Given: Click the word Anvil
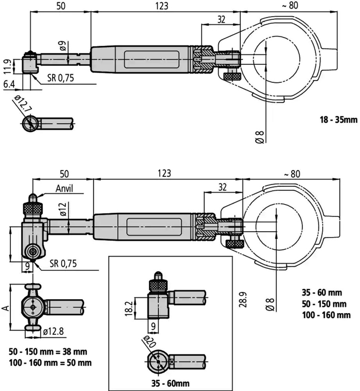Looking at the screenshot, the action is point(64,188).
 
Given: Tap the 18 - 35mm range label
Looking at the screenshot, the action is point(339,120).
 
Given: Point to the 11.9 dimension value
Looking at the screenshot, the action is point(7,66).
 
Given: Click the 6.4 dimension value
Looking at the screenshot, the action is point(9,84).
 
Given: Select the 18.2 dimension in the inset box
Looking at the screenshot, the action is point(129,308).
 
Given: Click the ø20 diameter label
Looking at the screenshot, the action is point(150,342).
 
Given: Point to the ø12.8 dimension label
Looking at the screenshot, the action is point(53,332).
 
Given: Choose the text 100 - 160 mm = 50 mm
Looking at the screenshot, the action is point(50,362).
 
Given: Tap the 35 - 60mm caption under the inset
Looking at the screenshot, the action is point(170,383).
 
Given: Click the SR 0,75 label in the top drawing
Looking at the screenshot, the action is point(61,78).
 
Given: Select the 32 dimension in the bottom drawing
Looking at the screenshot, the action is point(222,187).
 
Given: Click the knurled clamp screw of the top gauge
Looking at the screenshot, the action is point(232,76).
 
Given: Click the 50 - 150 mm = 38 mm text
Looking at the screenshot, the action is point(48,352).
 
